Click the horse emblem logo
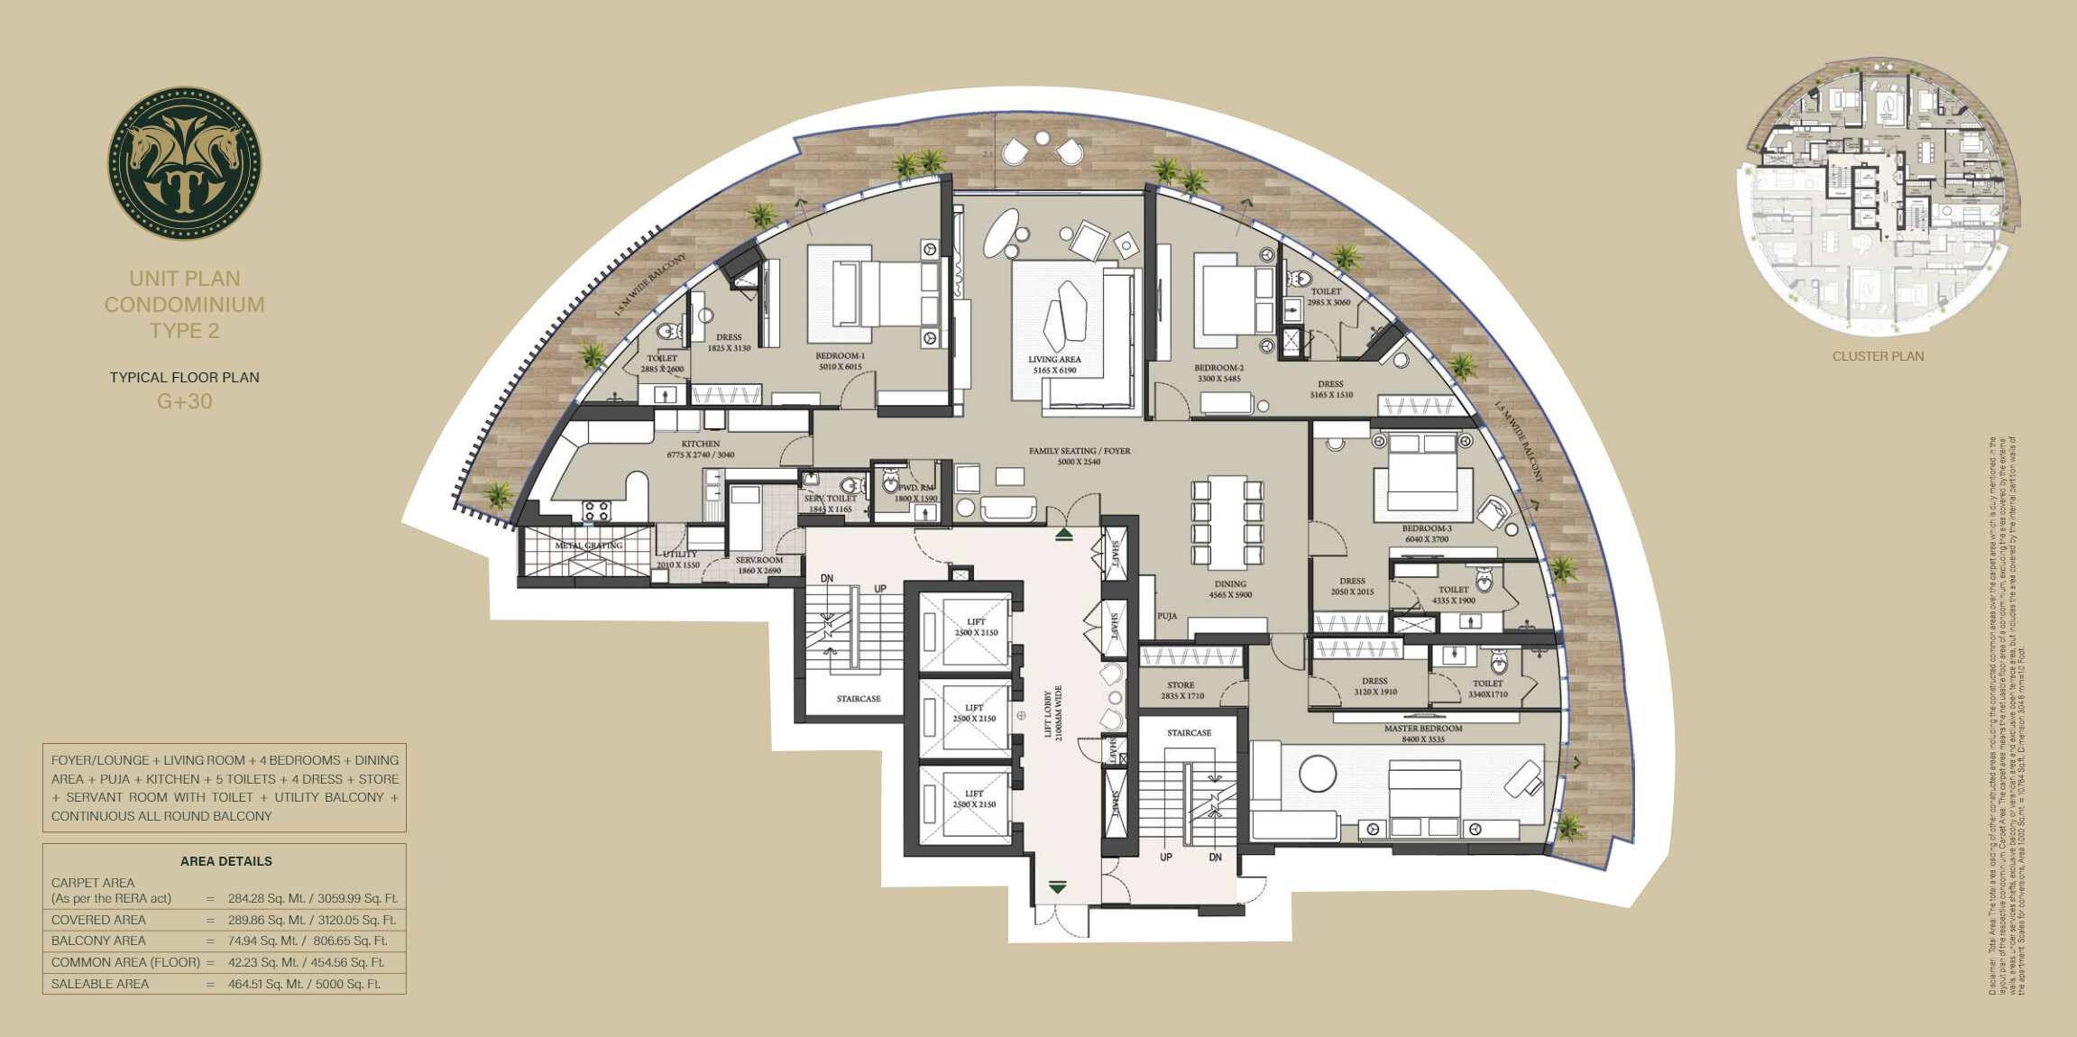click(x=185, y=163)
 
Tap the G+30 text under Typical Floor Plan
click(x=185, y=402)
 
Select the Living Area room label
click(x=1054, y=364)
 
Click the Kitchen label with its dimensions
click(x=701, y=449)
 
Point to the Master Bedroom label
click(x=1423, y=733)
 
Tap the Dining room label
click(x=1230, y=589)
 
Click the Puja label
click(x=1167, y=616)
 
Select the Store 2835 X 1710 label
click(x=1181, y=690)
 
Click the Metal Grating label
click(x=589, y=546)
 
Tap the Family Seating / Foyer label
click(x=1080, y=455)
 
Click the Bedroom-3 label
click(x=1427, y=534)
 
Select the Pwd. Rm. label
click(x=916, y=492)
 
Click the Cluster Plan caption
click(x=1878, y=356)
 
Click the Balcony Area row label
click(x=98, y=941)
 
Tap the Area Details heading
click(x=225, y=861)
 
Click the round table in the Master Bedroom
click(x=1318, y=774)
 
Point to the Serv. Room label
click(x=759, y=564)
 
